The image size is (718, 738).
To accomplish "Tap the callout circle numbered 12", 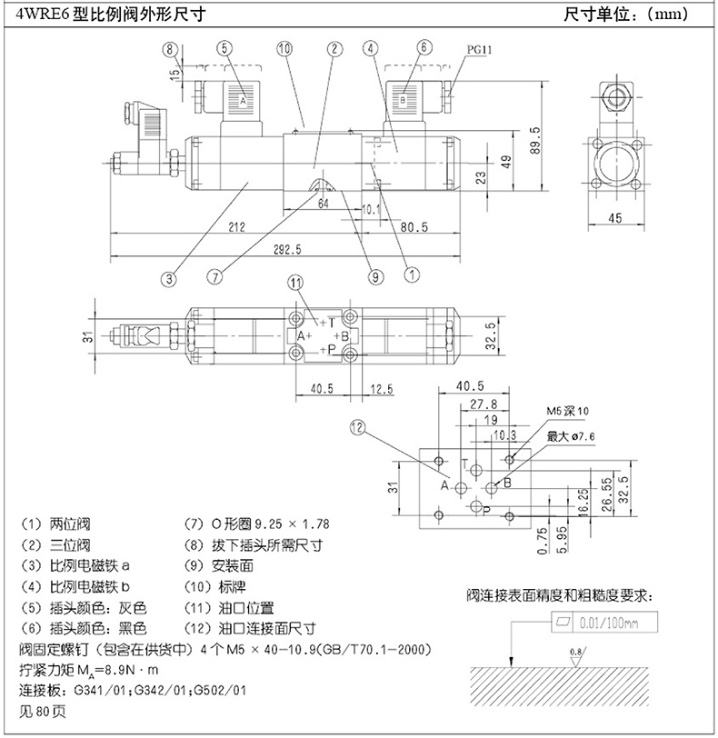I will [x=356, y=426].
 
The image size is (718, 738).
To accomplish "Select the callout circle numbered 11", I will [x=296, y=284].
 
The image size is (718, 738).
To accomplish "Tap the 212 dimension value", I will [x=238, y=227].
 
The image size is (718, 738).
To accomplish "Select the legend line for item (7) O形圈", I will [x=256, y=524].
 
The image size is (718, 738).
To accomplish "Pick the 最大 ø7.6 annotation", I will [x=571, y=437].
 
